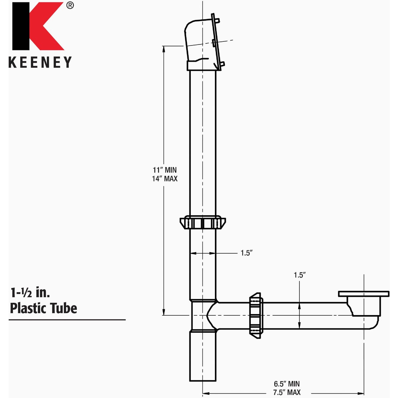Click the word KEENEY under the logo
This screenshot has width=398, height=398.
click(40, 62)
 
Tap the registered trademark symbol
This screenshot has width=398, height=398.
click(70, 5)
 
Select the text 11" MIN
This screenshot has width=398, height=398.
click(165, 170)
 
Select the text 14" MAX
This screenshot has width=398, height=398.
click(165, 179)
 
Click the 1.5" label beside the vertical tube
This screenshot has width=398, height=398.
click(247, 253)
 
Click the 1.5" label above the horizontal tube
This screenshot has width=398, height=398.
click(299, 275)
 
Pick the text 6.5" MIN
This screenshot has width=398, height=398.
click(287, 384)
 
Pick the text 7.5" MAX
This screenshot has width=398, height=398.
click(287, 393)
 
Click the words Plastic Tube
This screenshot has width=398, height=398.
click(43, 308)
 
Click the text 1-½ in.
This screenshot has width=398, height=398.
click(30, 293)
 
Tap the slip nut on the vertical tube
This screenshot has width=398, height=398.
click(202, 222)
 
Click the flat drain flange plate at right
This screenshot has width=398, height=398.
click(364, 294)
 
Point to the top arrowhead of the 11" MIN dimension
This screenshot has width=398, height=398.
click(164, 48)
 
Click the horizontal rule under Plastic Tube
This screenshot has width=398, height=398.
click(67, 320)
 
